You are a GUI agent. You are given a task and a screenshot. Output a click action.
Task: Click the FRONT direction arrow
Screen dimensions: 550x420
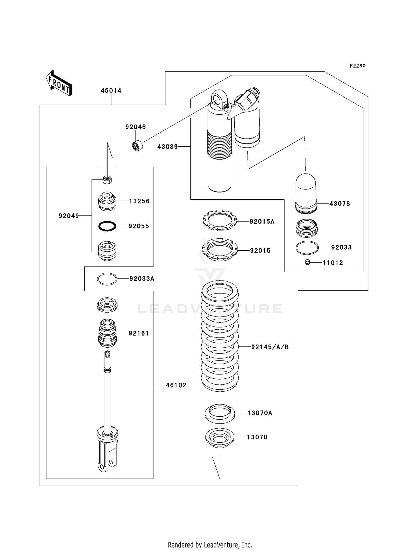[x=59, y=83]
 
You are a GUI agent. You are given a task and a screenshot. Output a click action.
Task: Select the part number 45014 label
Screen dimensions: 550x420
[x=111, y=91]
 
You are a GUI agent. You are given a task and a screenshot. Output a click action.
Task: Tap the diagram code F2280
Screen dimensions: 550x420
[x=357, y=66]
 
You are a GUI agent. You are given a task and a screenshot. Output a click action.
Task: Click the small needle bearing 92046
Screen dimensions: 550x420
[x=137, y=146]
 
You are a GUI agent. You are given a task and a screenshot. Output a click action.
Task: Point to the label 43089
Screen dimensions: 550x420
[x=167, y=147]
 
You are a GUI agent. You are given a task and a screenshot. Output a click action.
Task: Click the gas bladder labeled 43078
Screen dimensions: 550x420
[x=306, y=193]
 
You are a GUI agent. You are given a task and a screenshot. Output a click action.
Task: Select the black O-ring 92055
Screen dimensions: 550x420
[x=107, y=226]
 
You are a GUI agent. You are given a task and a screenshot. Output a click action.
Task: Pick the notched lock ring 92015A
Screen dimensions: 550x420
[x=220, y=220]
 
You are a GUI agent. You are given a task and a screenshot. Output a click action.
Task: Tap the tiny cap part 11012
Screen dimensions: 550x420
[x=308, y=262]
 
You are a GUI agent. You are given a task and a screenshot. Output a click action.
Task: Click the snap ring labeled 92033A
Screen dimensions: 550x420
[x=107, y=279]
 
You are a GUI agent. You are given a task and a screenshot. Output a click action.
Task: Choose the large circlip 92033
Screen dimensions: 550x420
[x=307, y=248]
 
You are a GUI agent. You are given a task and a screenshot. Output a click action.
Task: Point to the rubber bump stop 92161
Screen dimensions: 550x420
[x=107, y=333]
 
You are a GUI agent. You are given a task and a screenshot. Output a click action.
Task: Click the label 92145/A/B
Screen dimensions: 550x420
[x=270, y=347]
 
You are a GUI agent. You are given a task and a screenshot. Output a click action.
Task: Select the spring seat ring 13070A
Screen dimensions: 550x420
[x=220, y=413]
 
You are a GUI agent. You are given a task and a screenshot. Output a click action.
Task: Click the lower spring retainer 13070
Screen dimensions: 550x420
[x=220, y=437]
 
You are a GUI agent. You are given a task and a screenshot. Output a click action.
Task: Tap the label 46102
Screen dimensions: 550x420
[x=176, y=385]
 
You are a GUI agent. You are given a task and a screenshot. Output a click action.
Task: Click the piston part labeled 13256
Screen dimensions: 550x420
[x=107, y=201]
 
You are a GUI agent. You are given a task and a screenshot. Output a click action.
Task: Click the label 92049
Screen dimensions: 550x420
[x=69, y=216]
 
